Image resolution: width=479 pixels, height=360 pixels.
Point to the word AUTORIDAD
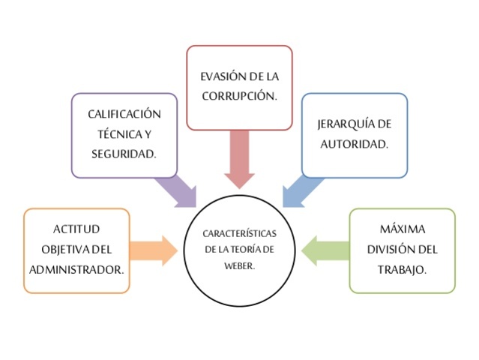pos(354,144)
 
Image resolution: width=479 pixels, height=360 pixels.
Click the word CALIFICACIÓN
pos(124,114)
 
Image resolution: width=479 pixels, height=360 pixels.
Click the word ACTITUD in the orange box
pos(76,229)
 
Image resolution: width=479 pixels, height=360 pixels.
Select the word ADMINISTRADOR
pos(76,268)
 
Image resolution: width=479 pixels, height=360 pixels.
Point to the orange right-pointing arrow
pos(156,250)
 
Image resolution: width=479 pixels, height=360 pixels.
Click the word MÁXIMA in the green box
pos(402,229)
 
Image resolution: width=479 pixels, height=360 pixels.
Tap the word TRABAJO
pos(402,268)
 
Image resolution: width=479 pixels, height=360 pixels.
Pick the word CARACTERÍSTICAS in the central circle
pos(240,234)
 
